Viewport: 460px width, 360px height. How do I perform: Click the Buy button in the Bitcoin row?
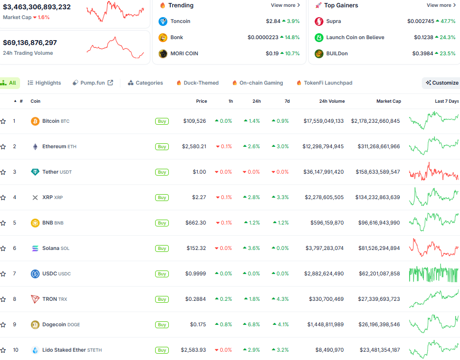(x=162, y=121)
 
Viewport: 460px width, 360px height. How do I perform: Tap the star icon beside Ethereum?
(x=3, y=147)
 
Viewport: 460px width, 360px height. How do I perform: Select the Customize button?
(x=442, y=83)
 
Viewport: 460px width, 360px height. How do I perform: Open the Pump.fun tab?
(x=92, y=83)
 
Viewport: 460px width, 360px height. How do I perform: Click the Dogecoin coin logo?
(x=35, y=324)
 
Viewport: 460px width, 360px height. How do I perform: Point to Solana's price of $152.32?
(x=196, y=248)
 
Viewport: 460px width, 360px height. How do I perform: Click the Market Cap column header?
(x=388, y=101)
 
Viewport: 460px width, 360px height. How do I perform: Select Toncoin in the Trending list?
(x=180, y=22)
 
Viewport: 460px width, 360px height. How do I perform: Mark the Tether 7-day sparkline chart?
(x=434, y=172)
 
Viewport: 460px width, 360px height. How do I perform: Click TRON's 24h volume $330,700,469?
(x=326, y=299)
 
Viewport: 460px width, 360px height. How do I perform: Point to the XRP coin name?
(x=47, y=197)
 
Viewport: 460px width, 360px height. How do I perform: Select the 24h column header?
(x=256, y=101)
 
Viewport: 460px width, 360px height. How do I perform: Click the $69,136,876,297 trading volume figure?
(x=30, y=43)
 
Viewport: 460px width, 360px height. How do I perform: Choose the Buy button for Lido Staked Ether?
(x=162, y=350)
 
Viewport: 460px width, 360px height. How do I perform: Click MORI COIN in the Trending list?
(x=184, y=54)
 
